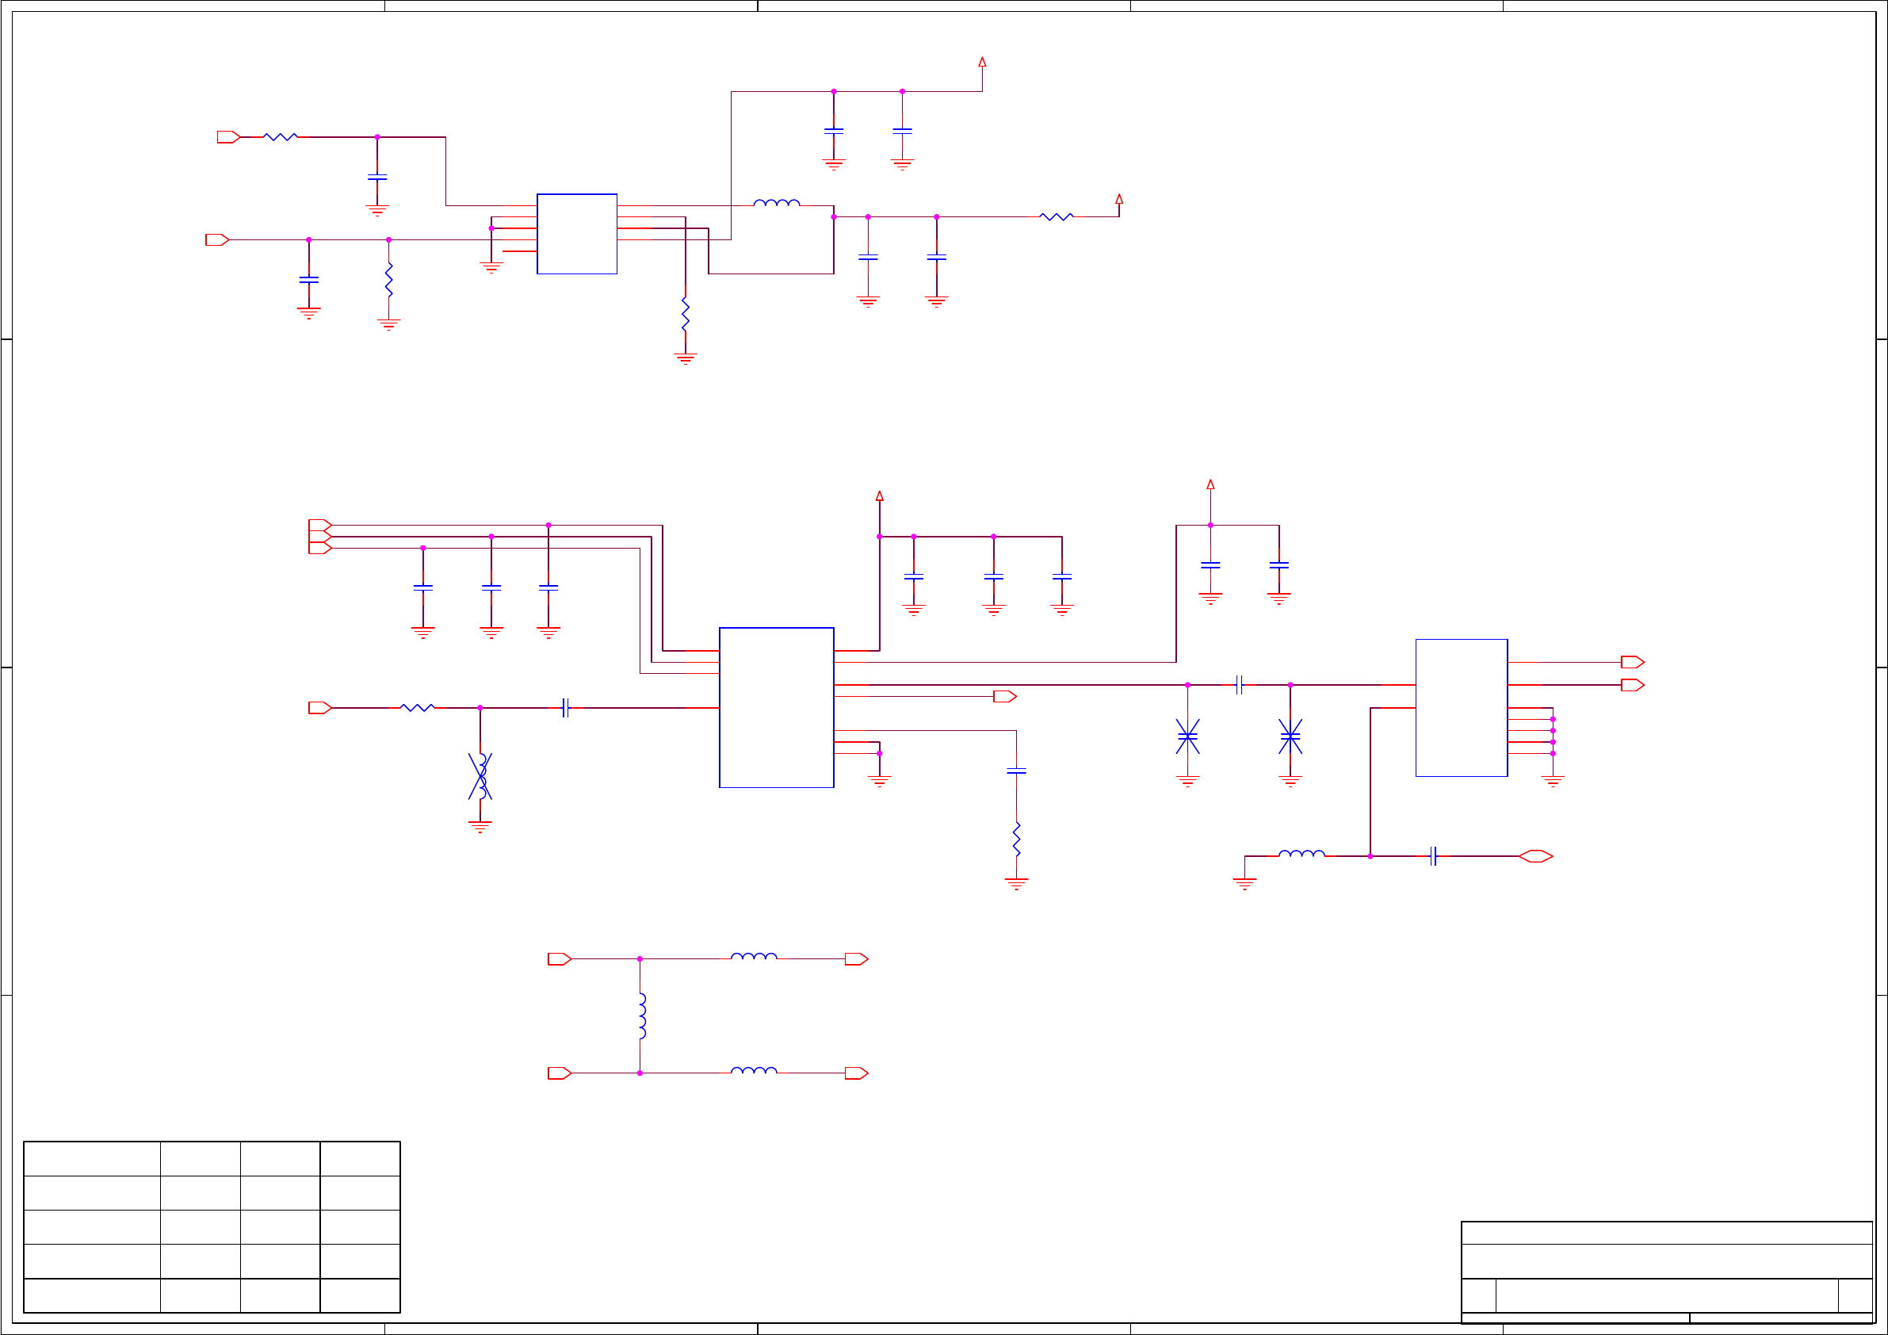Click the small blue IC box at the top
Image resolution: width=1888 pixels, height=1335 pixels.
[x=576, y=234]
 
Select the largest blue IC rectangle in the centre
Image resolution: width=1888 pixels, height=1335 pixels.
[x=775, y=707]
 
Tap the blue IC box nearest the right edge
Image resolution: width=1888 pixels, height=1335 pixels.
[x=1461, y=707]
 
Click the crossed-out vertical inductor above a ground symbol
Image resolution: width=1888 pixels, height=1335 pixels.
[x=480, y=775]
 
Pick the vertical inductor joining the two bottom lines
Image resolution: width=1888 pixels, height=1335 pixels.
[x=641, y=1016]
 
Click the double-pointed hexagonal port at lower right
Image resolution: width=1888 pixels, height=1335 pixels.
[x=1535, y=856]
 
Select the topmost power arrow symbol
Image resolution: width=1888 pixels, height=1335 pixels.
[x=982, y=62]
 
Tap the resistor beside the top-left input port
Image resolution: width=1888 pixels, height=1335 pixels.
[x=281, y=137]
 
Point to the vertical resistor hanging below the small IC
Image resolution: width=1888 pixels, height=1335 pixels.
[x=685, y=314]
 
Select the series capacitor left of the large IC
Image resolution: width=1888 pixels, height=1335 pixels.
[x=565, y=707]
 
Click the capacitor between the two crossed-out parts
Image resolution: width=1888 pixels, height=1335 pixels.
[x=1238, y=684]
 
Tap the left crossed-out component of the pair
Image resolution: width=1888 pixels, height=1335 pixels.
[x=1187, y=736]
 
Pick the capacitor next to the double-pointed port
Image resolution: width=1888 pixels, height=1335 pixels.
[x=1432, y=856]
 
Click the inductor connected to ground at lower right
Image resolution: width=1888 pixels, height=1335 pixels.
[x=1301, y=855]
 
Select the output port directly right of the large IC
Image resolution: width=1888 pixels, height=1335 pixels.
[x=1004, y=697]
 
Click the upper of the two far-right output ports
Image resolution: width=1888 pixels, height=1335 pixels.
[x=1631, y=662]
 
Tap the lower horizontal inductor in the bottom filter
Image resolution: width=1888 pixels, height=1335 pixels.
[x=753, y=1071]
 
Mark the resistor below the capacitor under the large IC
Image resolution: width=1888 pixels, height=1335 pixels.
[x=1016, y=839]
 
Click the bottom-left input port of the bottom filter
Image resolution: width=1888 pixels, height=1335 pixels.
[x=559, y=1073]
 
